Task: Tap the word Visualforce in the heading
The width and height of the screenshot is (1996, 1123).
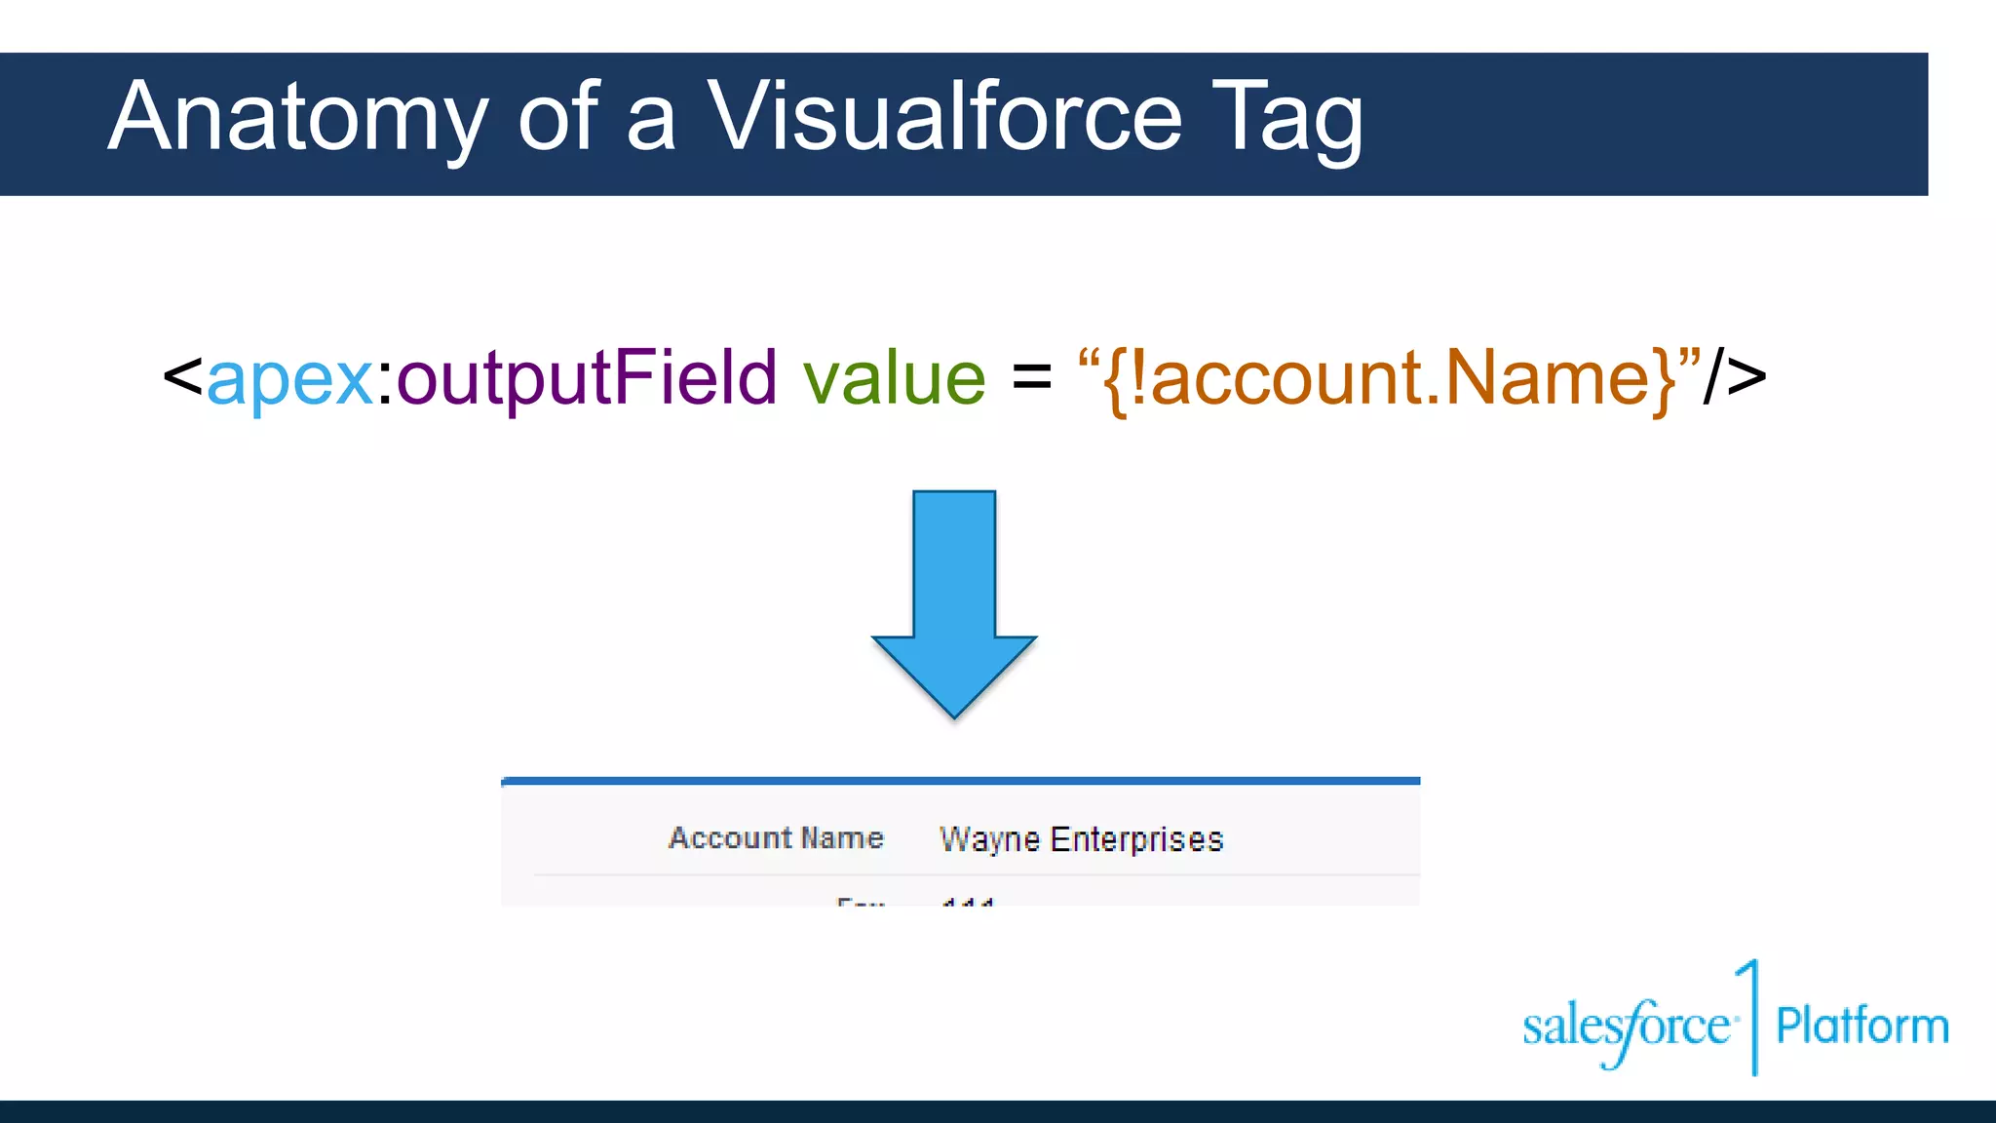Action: pos(943,117)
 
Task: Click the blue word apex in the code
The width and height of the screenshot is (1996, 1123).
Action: pos(289,378)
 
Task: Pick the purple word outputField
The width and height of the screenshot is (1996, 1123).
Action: pos(587,378)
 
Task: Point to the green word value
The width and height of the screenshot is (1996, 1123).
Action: pos(894,378)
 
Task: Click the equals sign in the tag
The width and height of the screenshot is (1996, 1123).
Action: pos(1031,376)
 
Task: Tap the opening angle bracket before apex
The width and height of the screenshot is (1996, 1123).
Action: pos(182,376)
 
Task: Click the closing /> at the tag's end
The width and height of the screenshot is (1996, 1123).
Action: pos(1735,376)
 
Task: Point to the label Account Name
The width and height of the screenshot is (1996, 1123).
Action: pos(776,838)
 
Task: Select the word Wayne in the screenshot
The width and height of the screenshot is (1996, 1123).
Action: pos(989,839)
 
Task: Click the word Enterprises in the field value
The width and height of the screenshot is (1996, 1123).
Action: pos(1136,839)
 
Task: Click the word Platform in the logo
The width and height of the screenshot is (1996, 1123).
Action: pos(1862,1026)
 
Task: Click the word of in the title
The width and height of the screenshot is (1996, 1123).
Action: pos(557,117)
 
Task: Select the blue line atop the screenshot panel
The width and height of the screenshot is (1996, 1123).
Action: pos(960,781)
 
